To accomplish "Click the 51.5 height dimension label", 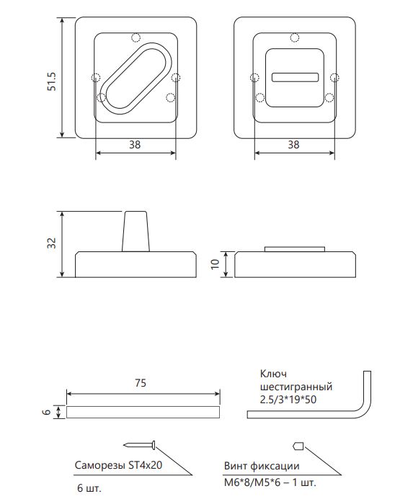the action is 52,81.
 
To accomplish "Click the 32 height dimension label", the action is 51,243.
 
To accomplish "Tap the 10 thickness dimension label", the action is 215,264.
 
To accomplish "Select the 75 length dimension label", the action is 141,383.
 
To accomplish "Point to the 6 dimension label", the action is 47,412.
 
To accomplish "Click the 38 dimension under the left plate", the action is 135,145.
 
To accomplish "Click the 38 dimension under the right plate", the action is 293,145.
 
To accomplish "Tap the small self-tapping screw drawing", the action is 140,445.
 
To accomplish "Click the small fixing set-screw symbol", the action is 298,446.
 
